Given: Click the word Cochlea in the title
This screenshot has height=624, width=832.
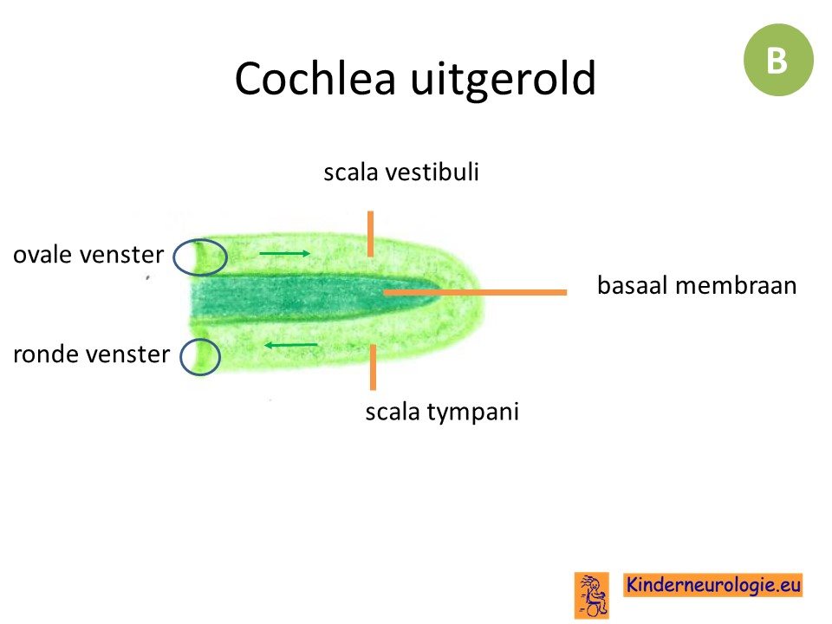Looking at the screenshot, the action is click(315, 78).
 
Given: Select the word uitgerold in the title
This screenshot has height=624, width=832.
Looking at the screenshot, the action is click(503, 81).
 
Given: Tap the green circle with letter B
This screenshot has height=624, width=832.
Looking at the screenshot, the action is click(778, 60).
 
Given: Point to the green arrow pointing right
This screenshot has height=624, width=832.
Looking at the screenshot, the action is click(284, 254).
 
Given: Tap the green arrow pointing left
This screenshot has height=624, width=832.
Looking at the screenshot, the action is click(291, 346).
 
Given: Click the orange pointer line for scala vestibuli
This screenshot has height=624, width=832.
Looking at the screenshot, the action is click(370, 233).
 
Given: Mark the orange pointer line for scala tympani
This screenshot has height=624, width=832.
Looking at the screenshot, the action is click(373, 367).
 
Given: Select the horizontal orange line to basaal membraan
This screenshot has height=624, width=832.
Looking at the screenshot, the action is click(475, 292).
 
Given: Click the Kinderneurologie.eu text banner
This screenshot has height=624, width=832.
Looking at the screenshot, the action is click(712, 585).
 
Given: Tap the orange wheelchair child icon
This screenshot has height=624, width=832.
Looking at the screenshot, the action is click(592, 595).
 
